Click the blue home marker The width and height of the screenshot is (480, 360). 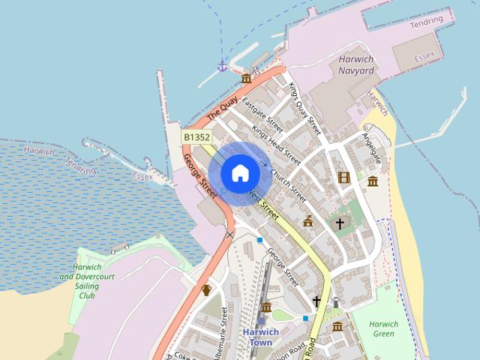240,173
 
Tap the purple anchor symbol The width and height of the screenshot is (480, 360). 222,66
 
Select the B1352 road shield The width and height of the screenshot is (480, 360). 196,137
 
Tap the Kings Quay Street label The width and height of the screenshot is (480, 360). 305,108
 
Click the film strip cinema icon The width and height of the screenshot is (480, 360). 343,178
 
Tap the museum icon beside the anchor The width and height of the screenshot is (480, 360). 246,78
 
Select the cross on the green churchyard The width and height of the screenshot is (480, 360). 340,223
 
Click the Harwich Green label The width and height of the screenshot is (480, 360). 383,329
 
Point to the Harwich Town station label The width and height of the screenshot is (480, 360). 260,337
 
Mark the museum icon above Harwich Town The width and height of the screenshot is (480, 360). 266,307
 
